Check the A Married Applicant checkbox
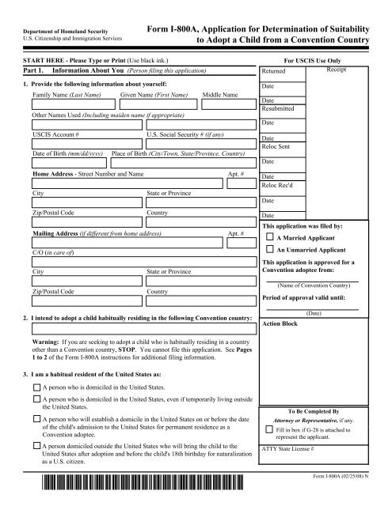pyautogui.click(x=271, y=236)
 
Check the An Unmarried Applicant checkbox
pyautogui.click(x=271, y=250)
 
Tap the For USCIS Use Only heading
pyautogui.click(x=323, y=59)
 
